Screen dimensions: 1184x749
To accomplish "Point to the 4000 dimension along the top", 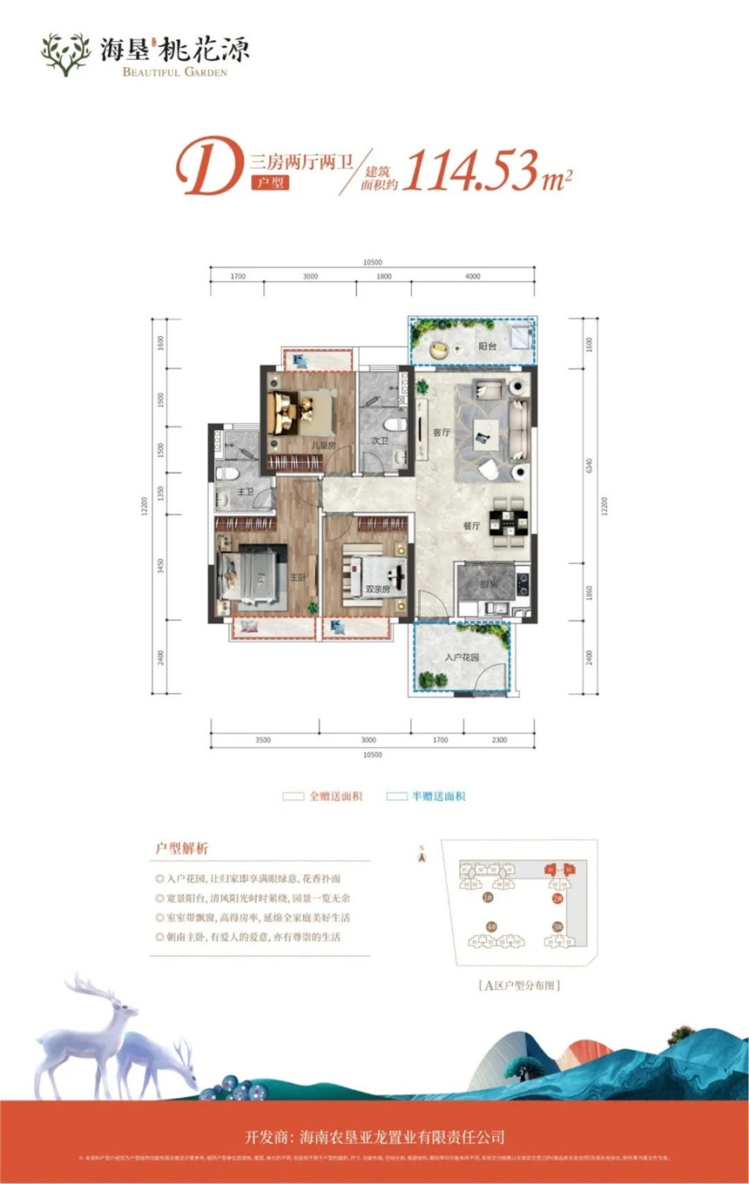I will click(472, 277).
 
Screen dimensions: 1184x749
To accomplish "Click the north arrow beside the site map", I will click(422, 856).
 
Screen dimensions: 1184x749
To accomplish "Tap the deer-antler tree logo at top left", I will click(66, 54).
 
